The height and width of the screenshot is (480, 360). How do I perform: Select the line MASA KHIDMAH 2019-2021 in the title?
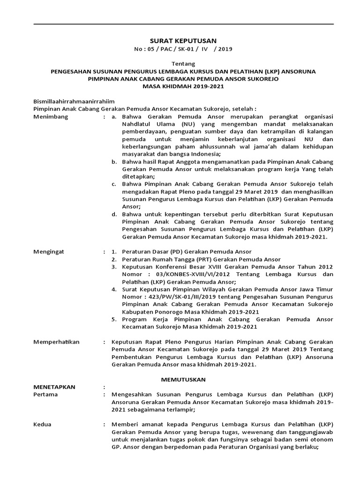pyautogui.click(x=183, y=87)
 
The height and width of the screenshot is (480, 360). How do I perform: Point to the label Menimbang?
pyautogui.click(x=51, y=117)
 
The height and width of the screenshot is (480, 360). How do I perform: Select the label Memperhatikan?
pyautogui.click(x=56, y=342)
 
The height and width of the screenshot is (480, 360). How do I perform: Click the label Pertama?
pyautogui.click(x=46, y=394)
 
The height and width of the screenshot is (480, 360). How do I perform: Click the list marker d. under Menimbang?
pyautogui.click(x=114, y=214)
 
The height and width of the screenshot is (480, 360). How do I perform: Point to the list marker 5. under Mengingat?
pyautogui.click(x=114, y=319)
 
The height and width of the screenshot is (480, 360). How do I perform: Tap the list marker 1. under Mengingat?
pyautogui.click(x=114, y=252)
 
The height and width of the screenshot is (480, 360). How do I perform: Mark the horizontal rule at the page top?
pyautogui.click(x=183, y=23)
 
